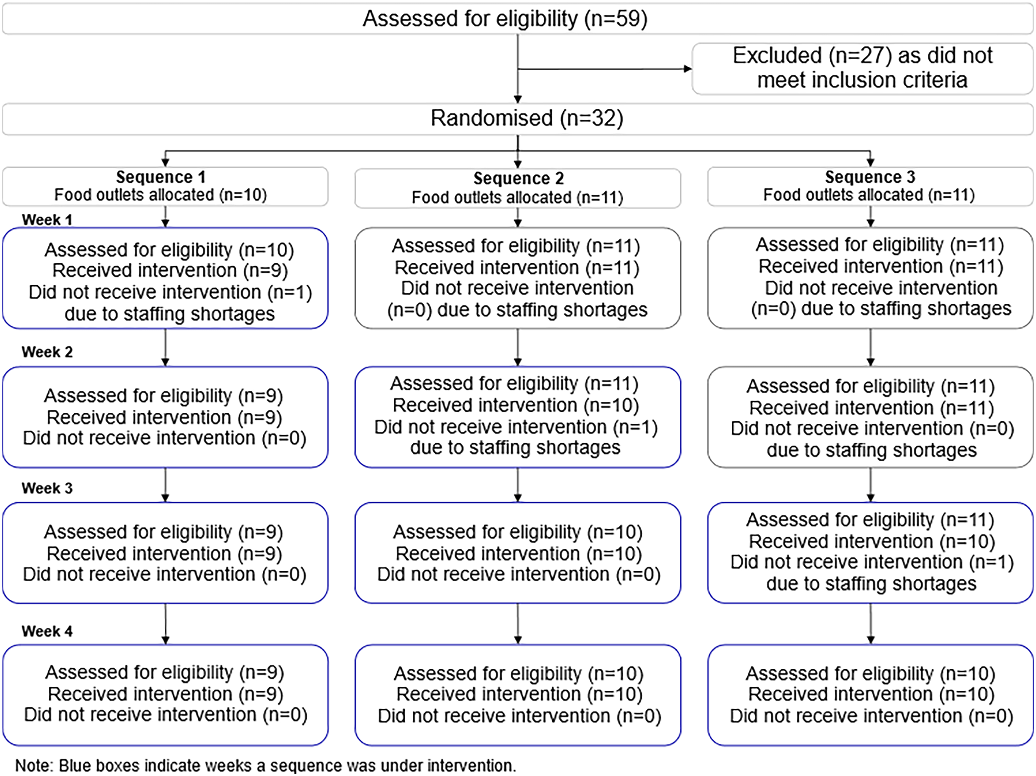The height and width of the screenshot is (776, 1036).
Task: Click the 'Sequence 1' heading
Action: point(161,177)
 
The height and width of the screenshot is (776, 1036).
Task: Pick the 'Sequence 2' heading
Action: point(518,178)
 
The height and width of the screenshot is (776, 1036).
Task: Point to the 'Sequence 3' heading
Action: point(870,177)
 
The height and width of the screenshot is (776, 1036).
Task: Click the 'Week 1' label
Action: point(47,220)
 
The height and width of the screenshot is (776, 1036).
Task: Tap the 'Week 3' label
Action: point(47,488)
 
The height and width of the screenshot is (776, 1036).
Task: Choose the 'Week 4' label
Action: point(47,631)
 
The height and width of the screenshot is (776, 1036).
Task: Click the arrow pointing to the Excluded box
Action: point(605,69)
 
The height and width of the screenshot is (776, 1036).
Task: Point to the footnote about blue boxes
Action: point(266,765)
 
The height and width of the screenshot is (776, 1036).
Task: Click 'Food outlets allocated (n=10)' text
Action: point(161,195)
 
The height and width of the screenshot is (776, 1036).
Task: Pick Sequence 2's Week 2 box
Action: point(518,417)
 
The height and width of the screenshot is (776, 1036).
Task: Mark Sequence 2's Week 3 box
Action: point(518,553)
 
